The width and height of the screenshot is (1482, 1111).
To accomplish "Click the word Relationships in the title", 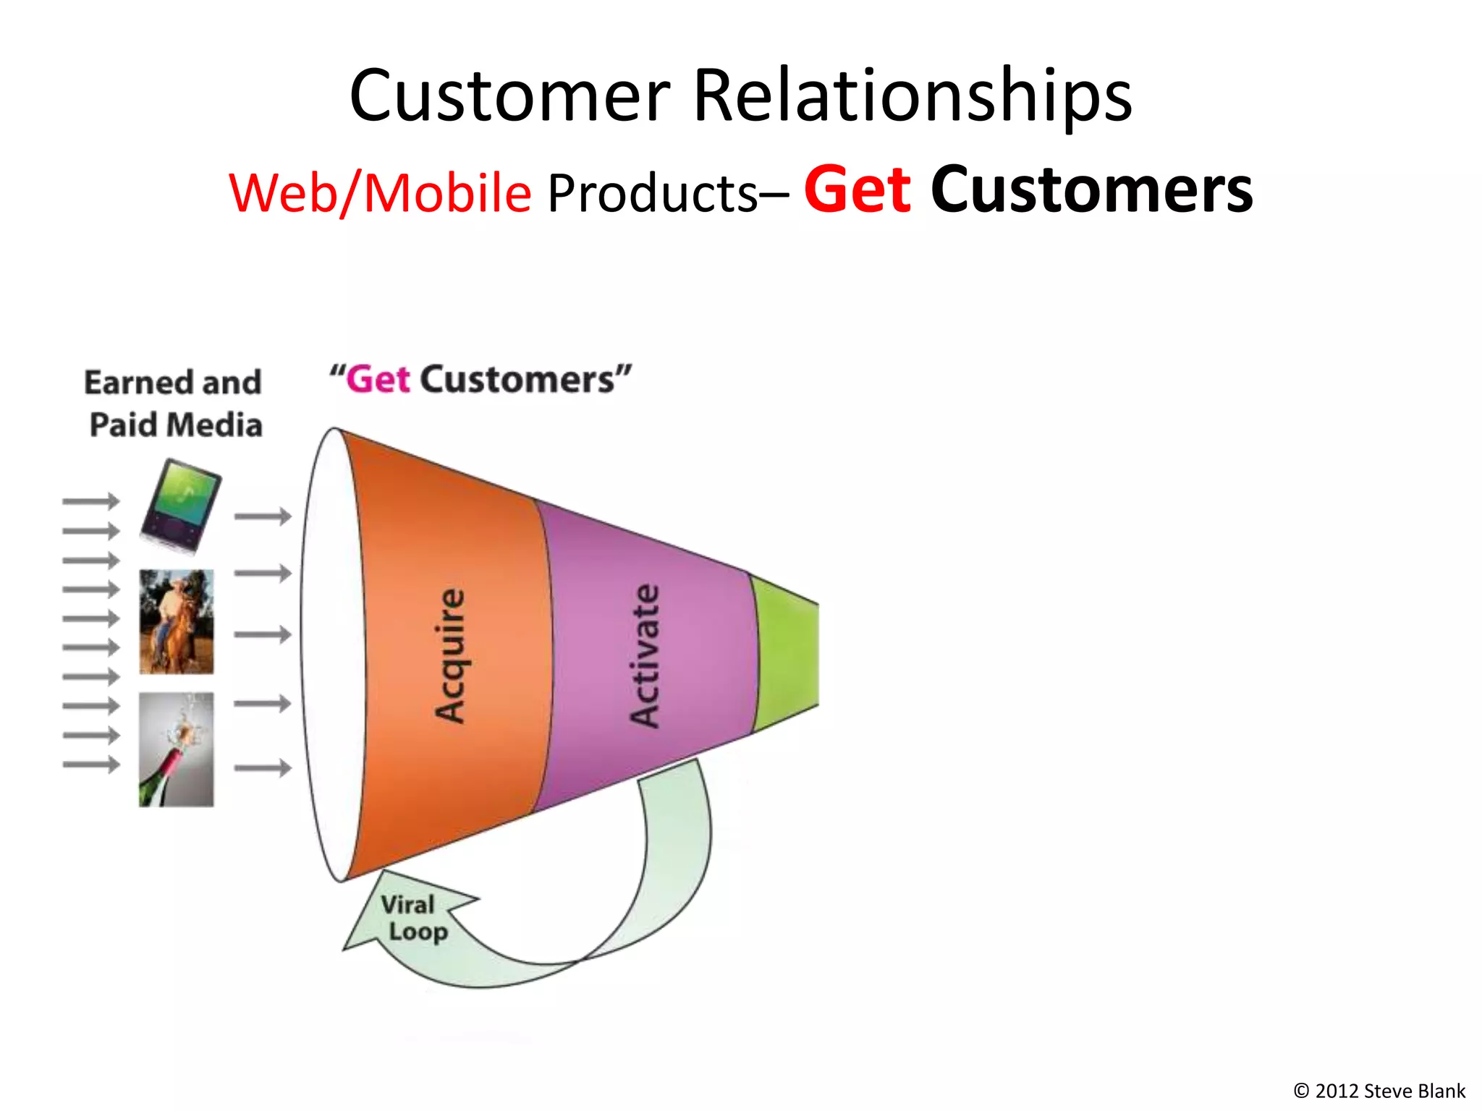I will click(913, 96).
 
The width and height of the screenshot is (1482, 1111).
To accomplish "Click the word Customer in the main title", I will click(510, 96).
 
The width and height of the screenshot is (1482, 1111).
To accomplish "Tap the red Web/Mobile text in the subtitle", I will click(381, 193).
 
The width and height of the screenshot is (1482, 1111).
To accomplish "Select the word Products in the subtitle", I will click(652, 193).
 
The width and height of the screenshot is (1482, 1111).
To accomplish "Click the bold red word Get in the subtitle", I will click(858, 190).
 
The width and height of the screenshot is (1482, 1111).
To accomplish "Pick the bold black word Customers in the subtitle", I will click(1091, 190).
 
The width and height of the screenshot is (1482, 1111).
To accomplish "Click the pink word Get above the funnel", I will click(378, 380).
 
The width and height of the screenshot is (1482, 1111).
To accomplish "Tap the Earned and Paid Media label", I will click(174, 403).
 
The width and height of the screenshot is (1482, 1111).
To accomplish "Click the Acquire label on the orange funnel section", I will click(450, 655).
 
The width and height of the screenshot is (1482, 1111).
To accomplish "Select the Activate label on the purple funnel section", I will click(644, 655).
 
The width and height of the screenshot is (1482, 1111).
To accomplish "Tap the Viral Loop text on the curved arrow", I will click(412, 918).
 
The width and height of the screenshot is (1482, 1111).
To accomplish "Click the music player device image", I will click(181, 506).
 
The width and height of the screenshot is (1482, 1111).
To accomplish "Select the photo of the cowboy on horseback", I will click(177, 621).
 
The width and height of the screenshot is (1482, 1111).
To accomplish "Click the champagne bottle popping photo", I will click(177, 749).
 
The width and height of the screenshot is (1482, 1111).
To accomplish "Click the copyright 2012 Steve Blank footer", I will click(1379, 1091).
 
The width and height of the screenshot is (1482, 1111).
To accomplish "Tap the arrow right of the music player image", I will click(262, 516).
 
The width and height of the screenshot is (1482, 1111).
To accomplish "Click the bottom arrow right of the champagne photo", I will click(262, 767).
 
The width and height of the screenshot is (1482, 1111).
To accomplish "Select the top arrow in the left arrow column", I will click(90, 501).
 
